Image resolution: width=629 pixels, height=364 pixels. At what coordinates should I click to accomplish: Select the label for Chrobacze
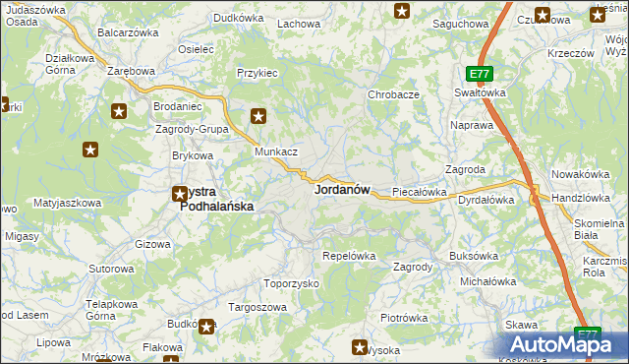(x=393, y=94)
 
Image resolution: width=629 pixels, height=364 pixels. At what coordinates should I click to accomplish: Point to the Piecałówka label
(x=420, y=192)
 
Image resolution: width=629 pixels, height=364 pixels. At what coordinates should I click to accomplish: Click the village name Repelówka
(x=350, y=256)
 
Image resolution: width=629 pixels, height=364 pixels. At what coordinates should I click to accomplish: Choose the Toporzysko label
(x=292, y=283)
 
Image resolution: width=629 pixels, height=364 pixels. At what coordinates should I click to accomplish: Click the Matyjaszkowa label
(x=67, y=203)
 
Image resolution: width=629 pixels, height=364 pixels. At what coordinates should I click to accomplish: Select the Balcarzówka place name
(x=128, y=32)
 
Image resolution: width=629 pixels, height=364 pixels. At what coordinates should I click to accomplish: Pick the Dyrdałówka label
(x=486, y=200)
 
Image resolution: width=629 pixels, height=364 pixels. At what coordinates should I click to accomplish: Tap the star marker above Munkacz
(x=258, y=116)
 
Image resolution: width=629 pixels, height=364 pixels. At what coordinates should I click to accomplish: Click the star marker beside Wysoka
(x=360, y=345)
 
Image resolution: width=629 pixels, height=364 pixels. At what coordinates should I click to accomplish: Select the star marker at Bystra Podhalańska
(x=180, y=194)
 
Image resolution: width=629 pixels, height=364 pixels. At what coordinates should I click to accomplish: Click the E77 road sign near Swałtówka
(x=479, y=74)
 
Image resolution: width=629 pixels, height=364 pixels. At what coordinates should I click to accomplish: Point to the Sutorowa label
(x=111, y=269)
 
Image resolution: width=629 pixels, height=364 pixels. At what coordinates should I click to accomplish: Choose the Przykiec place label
(x=257, y=73)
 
